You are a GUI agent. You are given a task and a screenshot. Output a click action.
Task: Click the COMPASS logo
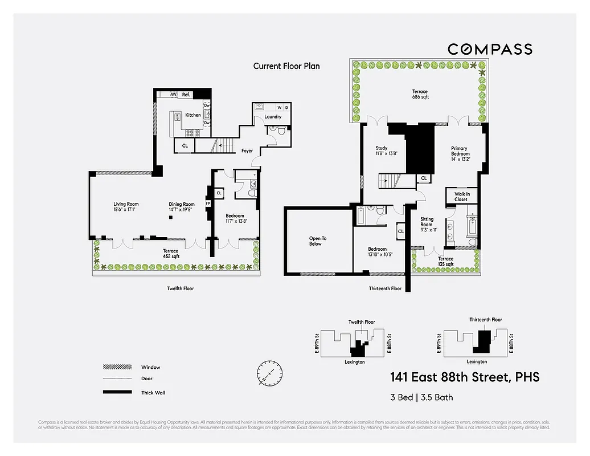(x=490, y=50)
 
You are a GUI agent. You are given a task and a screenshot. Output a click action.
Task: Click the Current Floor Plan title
(x=286, y=66)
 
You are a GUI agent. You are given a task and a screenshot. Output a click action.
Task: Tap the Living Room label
(x=126, y=207)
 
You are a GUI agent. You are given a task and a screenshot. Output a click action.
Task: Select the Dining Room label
(x=182, y=207)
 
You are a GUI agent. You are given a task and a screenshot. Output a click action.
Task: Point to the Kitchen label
(x=193, y=115)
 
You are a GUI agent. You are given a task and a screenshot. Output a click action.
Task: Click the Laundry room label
(x=273, y=117)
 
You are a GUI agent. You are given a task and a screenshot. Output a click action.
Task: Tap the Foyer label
(x=247, y=151)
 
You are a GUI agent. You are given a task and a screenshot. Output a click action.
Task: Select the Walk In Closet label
(x=462, y=197)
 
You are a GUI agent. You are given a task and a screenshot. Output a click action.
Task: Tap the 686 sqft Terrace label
(x=420, y=94)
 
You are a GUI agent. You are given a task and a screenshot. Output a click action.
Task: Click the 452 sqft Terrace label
(x=170, y=254)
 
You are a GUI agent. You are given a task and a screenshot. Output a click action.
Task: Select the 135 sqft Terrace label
(x=445, y=262)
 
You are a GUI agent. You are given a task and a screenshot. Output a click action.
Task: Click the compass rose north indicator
(x=269, y=372)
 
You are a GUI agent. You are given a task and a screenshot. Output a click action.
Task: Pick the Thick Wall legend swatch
(x=114, y=392)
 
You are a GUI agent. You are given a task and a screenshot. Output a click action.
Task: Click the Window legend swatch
(x=114, y=367)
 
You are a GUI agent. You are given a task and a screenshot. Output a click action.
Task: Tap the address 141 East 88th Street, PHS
(x=464, y=377)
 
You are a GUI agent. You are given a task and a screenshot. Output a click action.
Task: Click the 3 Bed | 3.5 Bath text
(x=421, y=397)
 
